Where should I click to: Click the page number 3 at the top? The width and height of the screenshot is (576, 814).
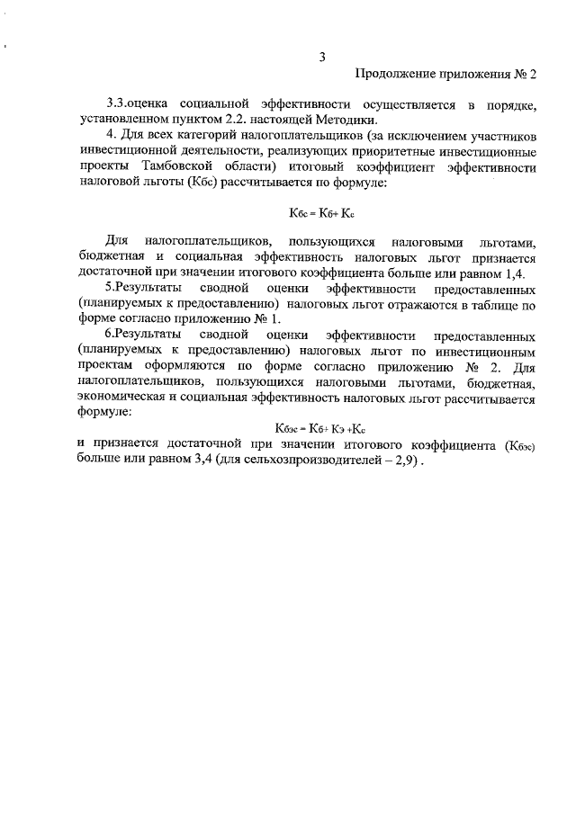[321, 59]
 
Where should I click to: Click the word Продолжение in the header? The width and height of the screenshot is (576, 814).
[393, 75]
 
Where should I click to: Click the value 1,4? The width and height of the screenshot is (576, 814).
[513, 273]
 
